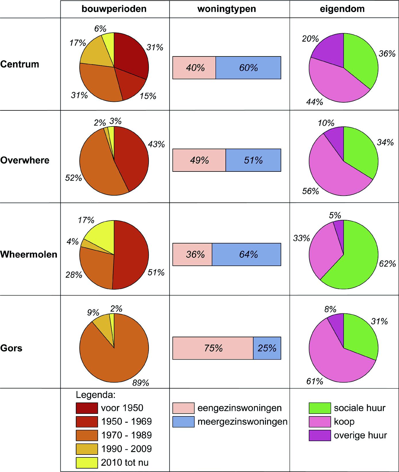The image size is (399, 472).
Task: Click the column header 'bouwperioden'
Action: [x=114, y=9]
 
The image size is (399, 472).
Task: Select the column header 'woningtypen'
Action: [x=227, y=9]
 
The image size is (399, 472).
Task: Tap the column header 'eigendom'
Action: [x=342, y=9]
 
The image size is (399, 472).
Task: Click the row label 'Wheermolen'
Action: [x=29, y=254]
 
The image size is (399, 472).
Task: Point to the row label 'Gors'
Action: [x=11, y=348]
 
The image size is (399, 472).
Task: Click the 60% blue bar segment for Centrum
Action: [x=248, y=68]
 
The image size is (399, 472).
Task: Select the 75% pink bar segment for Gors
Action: [x=213, y=348]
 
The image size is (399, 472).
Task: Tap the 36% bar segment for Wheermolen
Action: [x=192, y=254]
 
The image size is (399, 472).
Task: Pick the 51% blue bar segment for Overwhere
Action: [x=253, y=160]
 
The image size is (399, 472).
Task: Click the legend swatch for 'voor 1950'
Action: [x=87, y=408]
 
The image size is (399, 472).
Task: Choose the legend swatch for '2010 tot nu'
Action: [x=87, y=463]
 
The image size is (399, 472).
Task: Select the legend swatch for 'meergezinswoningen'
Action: [x=183, y=422]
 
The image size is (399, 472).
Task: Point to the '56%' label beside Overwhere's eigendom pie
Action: [x=311, y=191]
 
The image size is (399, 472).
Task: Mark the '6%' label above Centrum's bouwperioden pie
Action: [x=100, y=28]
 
